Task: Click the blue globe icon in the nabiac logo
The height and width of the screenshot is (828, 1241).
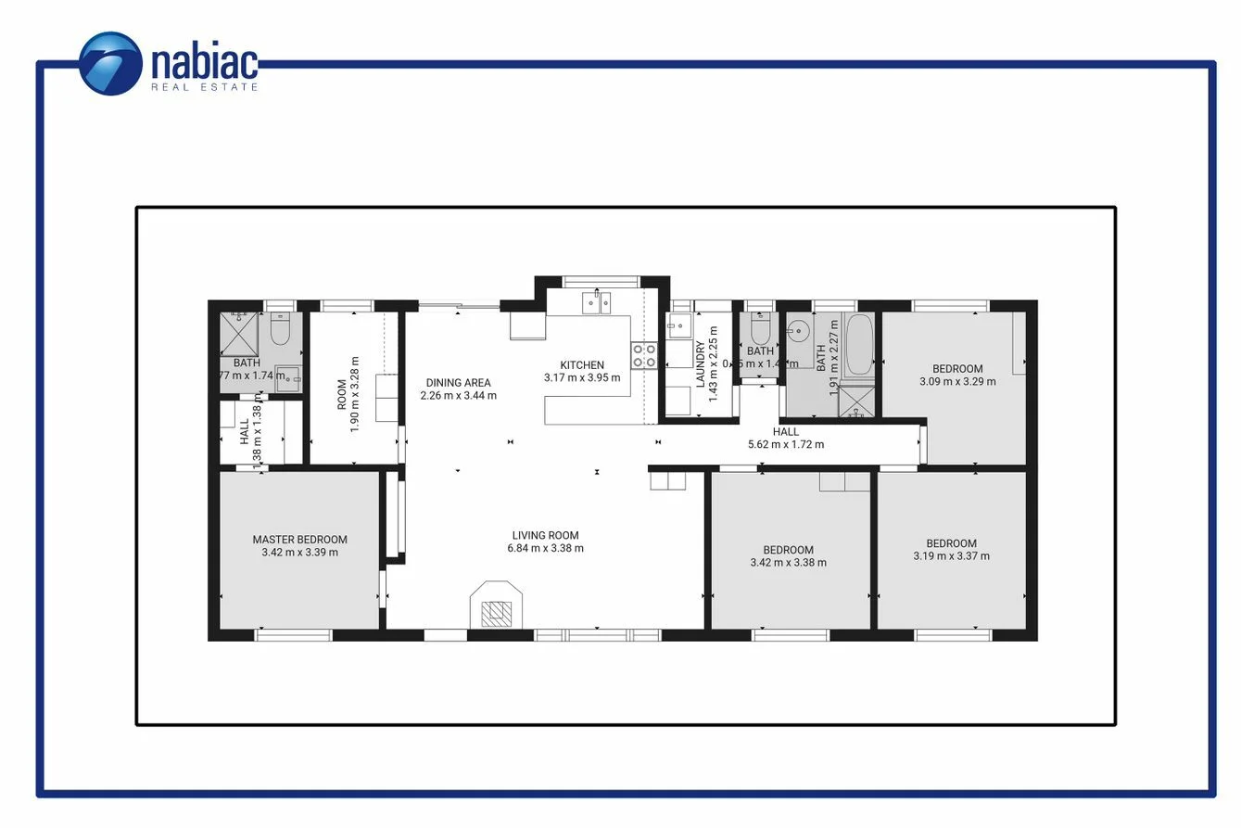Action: (110, 63)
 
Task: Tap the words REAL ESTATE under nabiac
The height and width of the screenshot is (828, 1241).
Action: (205, 87)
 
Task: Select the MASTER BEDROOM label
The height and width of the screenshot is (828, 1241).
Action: (299, 540)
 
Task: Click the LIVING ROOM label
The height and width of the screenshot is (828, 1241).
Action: (545, 535)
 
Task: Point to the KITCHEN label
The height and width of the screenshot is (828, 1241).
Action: (582, 365)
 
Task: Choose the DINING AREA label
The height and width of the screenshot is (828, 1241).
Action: (458, 383)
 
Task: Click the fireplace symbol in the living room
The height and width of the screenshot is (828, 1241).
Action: (497, 607)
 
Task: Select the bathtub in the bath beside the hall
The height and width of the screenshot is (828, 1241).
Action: (859, 344)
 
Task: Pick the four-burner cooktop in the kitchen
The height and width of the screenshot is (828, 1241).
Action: (644, 355)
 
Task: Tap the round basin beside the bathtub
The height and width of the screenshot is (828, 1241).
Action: (799, 330)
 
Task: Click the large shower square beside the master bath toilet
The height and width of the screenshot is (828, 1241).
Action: (239, 333)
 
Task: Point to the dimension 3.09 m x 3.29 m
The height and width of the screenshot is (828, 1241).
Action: (957, 381)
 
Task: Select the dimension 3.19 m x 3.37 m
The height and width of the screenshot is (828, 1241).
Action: (951, 556)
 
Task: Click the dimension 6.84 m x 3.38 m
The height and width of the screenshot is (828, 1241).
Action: (545, 548)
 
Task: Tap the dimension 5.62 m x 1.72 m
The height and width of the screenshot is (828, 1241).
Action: (785, 444)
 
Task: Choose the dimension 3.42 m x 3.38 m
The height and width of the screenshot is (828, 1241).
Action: (788, 562)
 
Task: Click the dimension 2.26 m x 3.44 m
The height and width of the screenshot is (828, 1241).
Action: (458, 396)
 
